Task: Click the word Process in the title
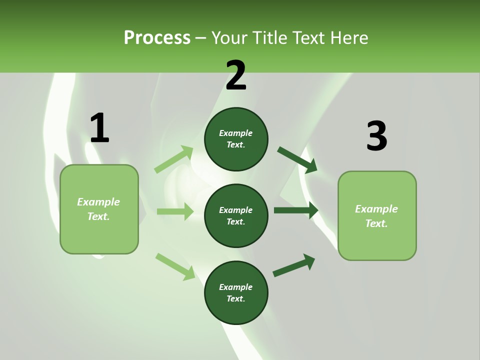(x=157, y=38)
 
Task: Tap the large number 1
(x=99, y=128)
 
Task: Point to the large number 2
(x=236, y=75)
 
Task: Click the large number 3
(x=376, y=136)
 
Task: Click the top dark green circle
(x=236, y=139)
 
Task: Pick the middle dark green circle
(x=236, y=215)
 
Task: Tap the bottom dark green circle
(x=236, y=292)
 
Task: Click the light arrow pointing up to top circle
(x=174, y=159)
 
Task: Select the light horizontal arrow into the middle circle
(x=175, y=211)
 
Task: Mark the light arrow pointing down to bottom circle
(x=175, y=266)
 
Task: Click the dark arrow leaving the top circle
(x=297, y=160)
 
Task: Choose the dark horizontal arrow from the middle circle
(x=296, y=210)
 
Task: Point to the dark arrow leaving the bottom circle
(x=294, y=265)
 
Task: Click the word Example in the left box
(x=98, y=202)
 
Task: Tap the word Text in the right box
(x=376, y=223)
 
